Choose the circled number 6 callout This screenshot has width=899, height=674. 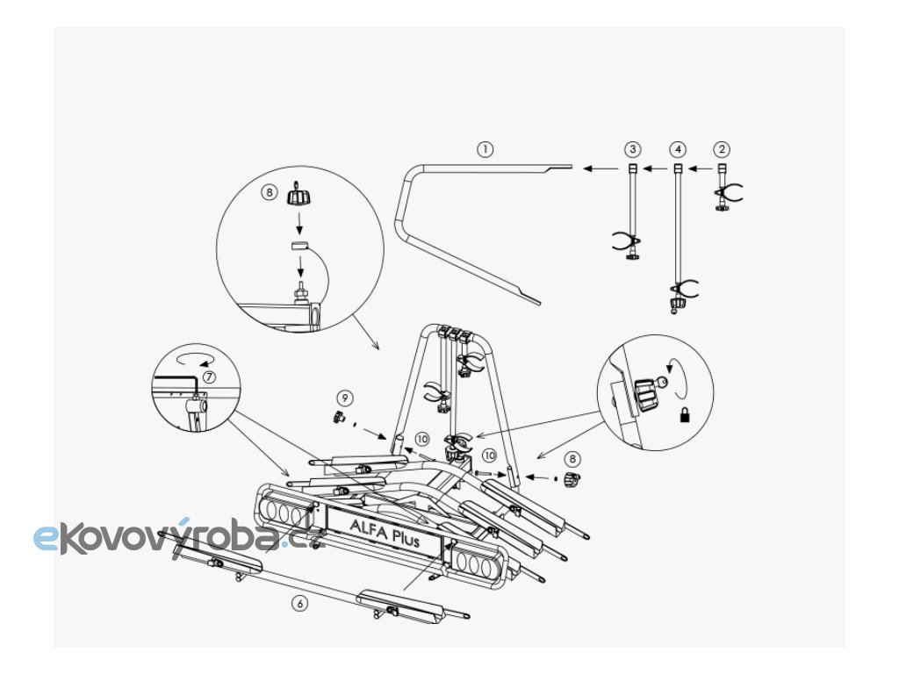(301, 603)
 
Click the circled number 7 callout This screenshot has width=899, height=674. (208, 376)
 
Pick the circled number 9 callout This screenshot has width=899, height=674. (346, 398)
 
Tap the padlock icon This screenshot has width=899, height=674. (684, 419)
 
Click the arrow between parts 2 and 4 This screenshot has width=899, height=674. (699, 168)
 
